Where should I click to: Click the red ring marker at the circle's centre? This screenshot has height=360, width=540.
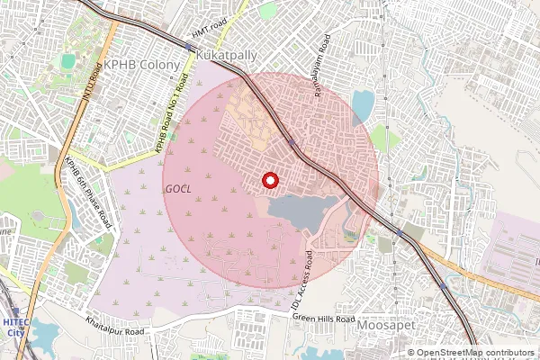(269, 181)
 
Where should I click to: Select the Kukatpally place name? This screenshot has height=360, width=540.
(226, 55)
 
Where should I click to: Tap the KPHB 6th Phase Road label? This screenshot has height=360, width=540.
(87, 192)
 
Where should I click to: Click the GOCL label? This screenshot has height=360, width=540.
(178, 188)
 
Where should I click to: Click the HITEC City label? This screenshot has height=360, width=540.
(15, 328)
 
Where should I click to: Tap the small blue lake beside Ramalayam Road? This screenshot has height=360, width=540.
(363, 106)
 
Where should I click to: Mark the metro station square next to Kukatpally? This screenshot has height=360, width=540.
(190, 45)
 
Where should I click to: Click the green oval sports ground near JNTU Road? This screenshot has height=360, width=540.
(68, 61)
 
